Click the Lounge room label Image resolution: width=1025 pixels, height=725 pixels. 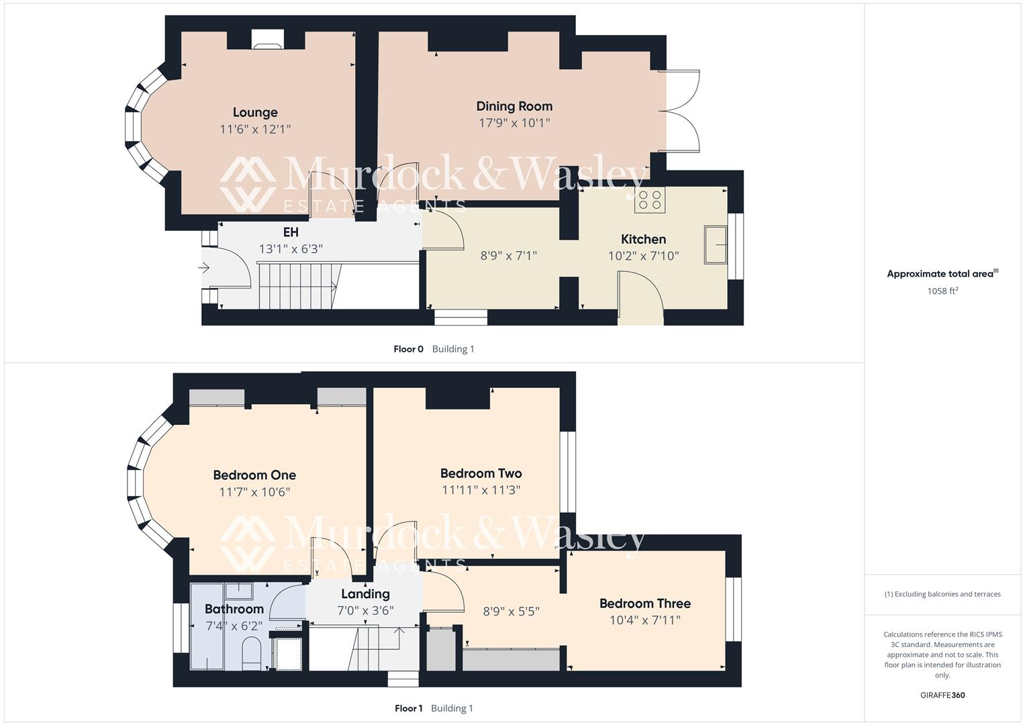pyautogui.click(x=255, y=112)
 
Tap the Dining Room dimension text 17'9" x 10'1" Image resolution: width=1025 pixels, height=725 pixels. pyautogui.click(x=514, y=123)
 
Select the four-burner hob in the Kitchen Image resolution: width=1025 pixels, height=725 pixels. pyautogui.click(x=649, y=199)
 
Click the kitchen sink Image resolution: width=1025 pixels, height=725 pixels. pyautogui.click(x=716, y=244)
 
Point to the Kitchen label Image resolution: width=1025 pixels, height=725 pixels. pyautogui.click(x=643, y=239)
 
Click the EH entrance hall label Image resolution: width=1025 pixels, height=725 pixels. pyautogui.click(x=291, y=232)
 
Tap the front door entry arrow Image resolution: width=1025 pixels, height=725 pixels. pyautogui.click(x=204, y=268)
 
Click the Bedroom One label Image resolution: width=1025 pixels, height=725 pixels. pyautogui.click(x=254, y=475)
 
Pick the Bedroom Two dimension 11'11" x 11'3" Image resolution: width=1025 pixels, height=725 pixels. pyautogui.click(x=481, y=490)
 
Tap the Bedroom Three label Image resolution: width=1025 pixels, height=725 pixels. pyautogui.click(x=644, y=603)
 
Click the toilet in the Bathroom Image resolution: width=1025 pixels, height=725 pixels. pyautogui.click(x=250, y=652)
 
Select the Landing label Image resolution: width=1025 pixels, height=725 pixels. pyautogui.click(x=365, y=594)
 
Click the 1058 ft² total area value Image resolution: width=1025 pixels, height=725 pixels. pyautogui.click(x=942, y=291)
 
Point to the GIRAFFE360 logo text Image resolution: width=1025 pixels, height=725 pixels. pyautogui.click(x=942, y=695)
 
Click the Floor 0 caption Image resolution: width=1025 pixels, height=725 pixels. pyautogui.click(x=408, y=349)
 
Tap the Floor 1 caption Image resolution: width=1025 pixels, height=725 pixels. pyautogui.click(x=408, y=708)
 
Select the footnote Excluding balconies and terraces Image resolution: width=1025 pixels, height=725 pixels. pyautogui.click(x=942, y=594)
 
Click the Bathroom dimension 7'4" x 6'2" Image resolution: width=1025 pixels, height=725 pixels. pyautogui.click(x=234, y=626)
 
